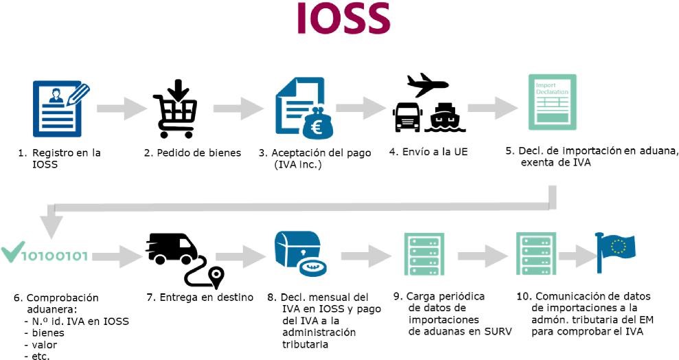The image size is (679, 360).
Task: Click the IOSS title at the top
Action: (x=343, y=19)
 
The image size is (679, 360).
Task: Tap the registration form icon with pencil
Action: (x=60, y=107)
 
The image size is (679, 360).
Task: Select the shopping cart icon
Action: (x=176, y=110)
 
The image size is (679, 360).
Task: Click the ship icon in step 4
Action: (x=445, y=118)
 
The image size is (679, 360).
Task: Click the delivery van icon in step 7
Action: (x=171, y=249)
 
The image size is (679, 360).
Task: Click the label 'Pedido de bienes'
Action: (x=192, y=153)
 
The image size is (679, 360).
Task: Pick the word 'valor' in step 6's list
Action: (x=45, y=345)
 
